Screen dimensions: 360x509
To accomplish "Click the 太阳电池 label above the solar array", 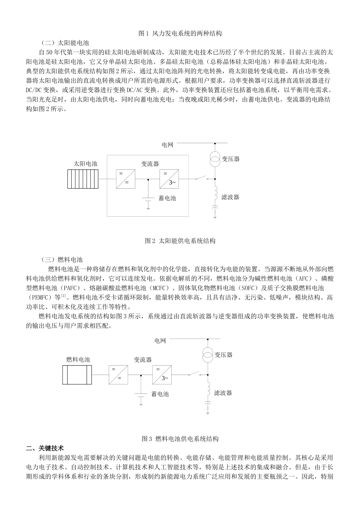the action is point(85,164).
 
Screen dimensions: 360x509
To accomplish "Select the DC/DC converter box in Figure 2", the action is point(125,179).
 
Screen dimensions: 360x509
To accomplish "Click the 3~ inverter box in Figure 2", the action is point(169,179).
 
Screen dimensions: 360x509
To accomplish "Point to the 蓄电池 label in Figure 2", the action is point(167,198).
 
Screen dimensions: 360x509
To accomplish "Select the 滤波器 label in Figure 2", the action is point(230,197).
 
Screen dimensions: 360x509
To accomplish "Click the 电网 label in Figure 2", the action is point(167,145).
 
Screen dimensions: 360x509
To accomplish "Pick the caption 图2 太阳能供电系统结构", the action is point(180,241).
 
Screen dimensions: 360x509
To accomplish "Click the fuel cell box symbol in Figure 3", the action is point(77,375).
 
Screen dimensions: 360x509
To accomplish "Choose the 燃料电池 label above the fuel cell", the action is point(78,359).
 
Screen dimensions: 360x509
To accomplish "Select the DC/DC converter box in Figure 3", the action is point(118,375).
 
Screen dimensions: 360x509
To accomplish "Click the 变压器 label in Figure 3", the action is point(224,355).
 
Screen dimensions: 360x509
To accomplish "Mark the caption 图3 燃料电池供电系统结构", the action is point(180,439).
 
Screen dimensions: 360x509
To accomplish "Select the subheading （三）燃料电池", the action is point(62,260).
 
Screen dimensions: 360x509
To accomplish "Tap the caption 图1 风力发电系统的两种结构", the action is point(180,33).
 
